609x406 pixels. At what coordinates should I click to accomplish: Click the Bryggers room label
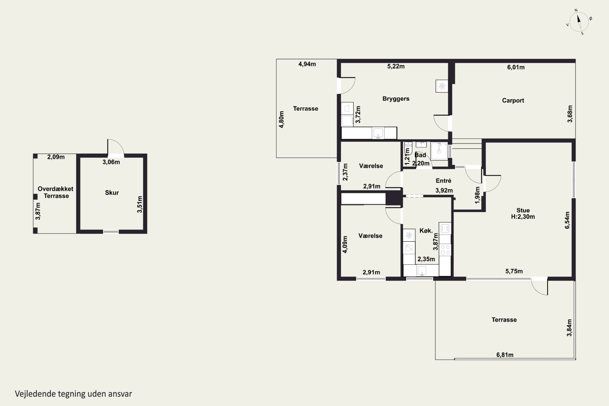click(x=396, y=99)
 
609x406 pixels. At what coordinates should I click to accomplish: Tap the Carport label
click(x=513, y=100)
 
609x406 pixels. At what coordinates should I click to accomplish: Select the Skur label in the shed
click(x=112, y=193)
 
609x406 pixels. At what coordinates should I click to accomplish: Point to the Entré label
click(x=443, y=180)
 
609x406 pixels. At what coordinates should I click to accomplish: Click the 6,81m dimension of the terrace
click(x=505, y=355)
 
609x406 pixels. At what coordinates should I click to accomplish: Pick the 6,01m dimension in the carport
click(x=516, y=67)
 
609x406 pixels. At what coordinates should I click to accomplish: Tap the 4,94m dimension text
click(x=307, y=64)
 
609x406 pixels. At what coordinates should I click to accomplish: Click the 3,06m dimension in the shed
click(x=111, y=162)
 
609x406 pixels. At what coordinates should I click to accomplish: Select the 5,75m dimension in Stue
click(x=514, y=271)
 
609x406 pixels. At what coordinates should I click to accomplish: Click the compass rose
click(x=579, y=22)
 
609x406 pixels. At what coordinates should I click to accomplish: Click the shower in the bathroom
click(x=439, y=151)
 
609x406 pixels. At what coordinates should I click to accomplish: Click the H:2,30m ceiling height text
click(x=523, y=217)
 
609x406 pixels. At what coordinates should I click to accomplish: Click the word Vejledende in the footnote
click(x=36, y=394)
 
